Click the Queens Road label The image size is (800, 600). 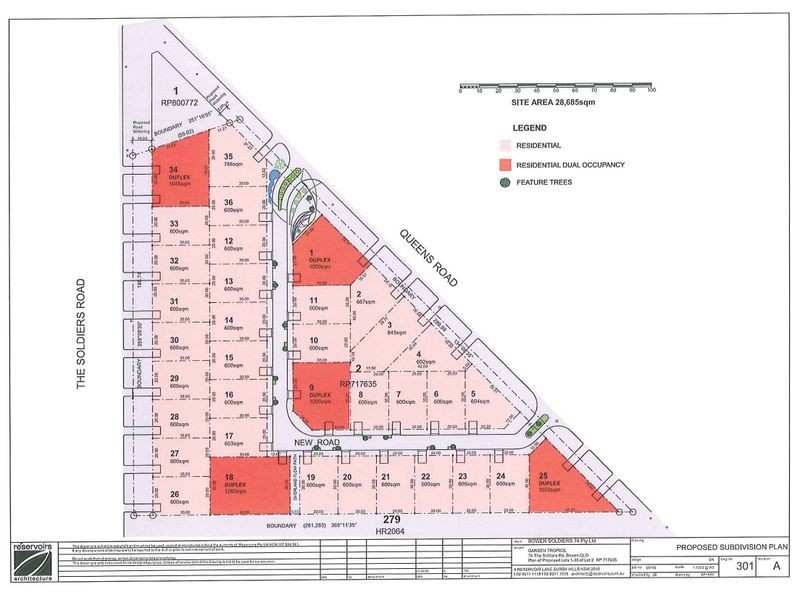coord(427,254)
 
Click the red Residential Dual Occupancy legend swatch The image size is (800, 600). coord(506,164)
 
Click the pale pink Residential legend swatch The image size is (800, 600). coord(506,146)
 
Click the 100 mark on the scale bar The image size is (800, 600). coord(651,91)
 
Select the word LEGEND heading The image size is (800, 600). coord(529,128)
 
